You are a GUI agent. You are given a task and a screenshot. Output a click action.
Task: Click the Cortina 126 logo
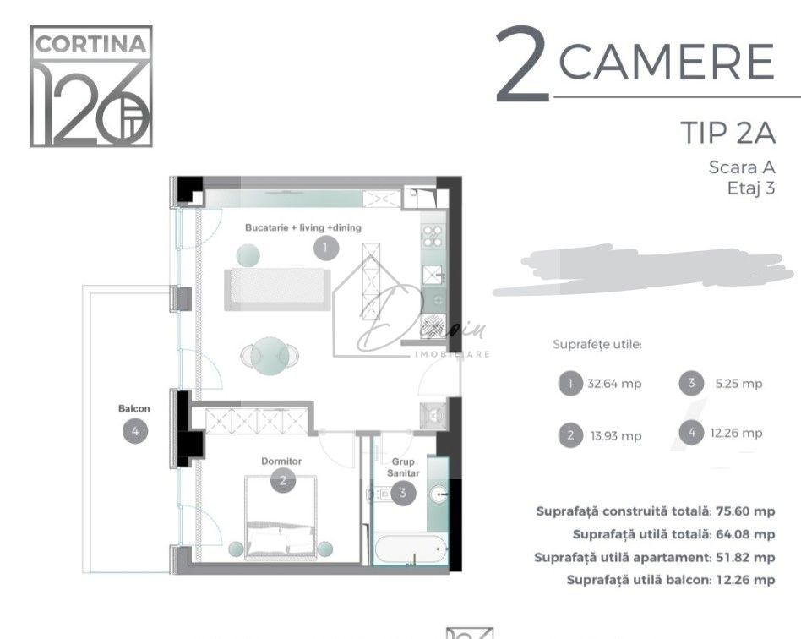(x=91, y=85)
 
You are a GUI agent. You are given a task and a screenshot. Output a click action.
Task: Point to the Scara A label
(x=741, y=167)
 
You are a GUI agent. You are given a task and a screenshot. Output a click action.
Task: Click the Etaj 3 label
(x=750, y=188)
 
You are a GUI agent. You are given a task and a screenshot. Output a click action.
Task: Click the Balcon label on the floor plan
(x=134, y=409)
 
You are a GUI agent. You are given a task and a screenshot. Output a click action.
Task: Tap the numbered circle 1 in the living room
(x=325, y=248)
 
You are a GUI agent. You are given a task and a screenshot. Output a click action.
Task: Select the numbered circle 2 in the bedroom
(x=282, y=481)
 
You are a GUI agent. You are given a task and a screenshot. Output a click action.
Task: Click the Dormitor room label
(x=281, y=461)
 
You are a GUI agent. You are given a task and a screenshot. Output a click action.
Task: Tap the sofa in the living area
(x=276, y=288)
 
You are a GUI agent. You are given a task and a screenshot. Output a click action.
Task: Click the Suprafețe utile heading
(x=597, y=345)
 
